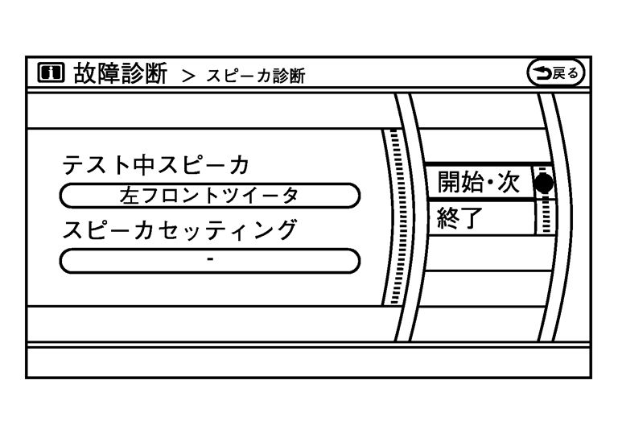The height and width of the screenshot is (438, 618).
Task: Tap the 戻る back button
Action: (554, 74)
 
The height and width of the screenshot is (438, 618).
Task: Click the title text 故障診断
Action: (120, 74)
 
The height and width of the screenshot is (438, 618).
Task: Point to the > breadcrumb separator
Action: (188, 76)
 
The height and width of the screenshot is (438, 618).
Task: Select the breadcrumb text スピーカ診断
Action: (255, 76)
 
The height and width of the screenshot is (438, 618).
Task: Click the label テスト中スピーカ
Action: (156, 165)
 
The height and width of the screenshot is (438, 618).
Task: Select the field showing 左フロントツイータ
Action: (209, 195)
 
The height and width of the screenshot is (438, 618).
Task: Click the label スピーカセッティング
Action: (179, 230)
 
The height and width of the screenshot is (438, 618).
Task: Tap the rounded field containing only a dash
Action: (209, 261)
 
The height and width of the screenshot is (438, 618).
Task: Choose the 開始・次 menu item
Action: (479, 183)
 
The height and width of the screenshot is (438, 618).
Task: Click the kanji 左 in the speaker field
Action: (129, 195)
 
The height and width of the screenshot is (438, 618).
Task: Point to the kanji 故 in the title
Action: (86, 74)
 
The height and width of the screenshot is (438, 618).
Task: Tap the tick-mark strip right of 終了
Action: (546, 217)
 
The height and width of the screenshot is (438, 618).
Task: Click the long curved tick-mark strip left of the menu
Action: (394, 217)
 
